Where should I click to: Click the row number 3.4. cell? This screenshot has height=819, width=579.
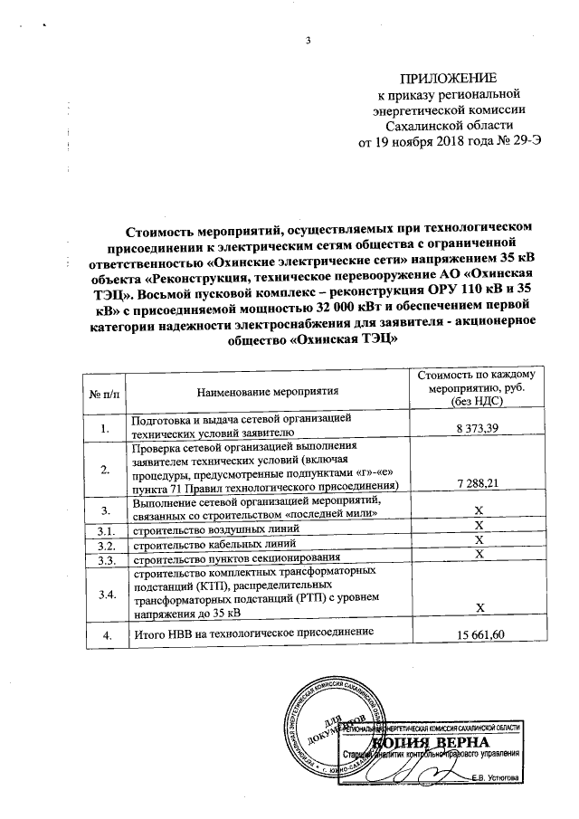[107, 594]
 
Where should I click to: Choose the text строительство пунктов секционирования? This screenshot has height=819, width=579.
[238, 558]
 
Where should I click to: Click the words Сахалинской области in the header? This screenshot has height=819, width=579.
[449, 126]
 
